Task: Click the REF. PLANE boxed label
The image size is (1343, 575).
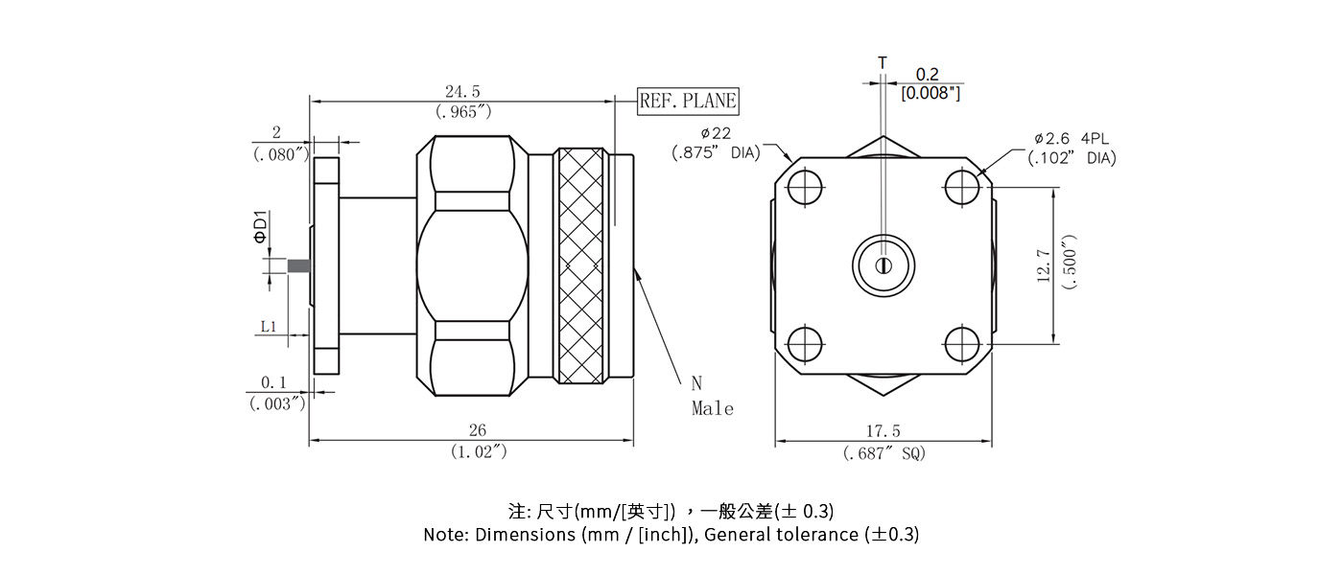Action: [x=689, y=101]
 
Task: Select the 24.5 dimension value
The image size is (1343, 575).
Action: [x=462, y=92]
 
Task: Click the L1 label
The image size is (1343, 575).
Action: [x=269, y=327]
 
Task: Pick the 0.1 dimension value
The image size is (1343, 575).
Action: [x=274, y=383]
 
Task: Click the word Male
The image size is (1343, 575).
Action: [x=713, y=409]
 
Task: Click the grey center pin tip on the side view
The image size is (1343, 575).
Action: [x=298, y=265]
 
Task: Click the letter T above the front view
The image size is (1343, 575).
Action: [x=883, y=63]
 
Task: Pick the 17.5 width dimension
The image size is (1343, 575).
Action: [x=884, y=432]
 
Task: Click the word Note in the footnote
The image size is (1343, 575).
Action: [x=445, y=535]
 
